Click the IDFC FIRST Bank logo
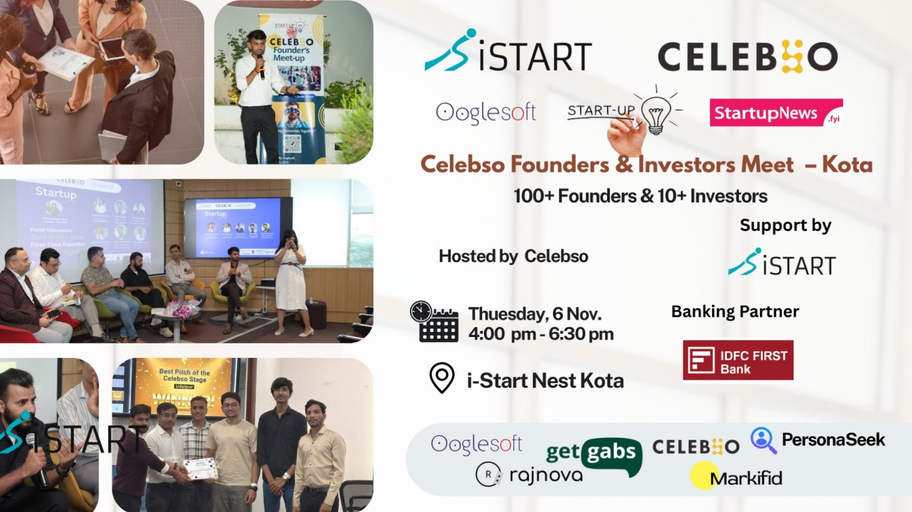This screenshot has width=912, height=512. tap(737, 360)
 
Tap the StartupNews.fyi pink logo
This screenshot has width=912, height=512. tap(776, 113)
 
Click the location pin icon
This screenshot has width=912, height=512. tap(442, 378)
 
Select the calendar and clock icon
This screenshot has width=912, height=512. tap(434, 321)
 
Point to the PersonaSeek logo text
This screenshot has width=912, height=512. tap(833, 440)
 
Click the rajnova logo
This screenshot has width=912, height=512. tap(529, 474)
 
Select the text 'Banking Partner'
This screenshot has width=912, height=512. tap(735, 312)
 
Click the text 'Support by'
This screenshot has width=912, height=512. tap(785, 226)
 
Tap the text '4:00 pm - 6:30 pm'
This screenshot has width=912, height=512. tap(541, 334)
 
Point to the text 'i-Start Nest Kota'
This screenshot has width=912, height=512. tap(545, 380)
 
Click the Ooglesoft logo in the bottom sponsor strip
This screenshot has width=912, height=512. tap(476, 444)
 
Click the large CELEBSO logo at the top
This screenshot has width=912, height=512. tap(747, 57)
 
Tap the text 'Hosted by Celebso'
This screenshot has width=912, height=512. tap(513, 256)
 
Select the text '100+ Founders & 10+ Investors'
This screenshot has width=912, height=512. tap(640, 196)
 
